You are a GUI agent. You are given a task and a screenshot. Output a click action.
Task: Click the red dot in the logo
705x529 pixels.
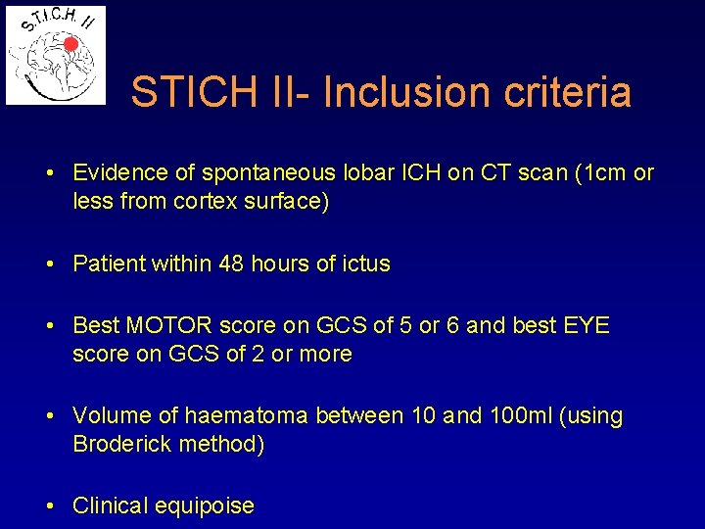(x=70, y=44)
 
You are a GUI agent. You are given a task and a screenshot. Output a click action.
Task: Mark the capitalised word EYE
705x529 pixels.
(x=587, y=325)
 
